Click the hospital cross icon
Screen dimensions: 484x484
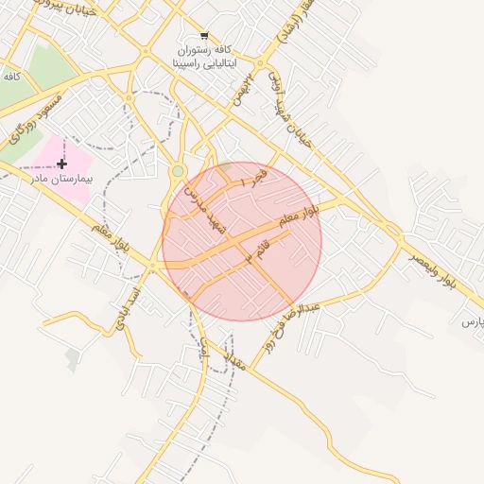tap(62, 164)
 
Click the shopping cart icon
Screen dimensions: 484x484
tap(204, 35)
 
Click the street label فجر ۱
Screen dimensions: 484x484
tap(255, 177)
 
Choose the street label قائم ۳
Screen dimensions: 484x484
tap(256, 251)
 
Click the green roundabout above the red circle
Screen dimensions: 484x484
tap(178, 171)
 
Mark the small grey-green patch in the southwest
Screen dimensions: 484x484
tap(73, 358)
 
